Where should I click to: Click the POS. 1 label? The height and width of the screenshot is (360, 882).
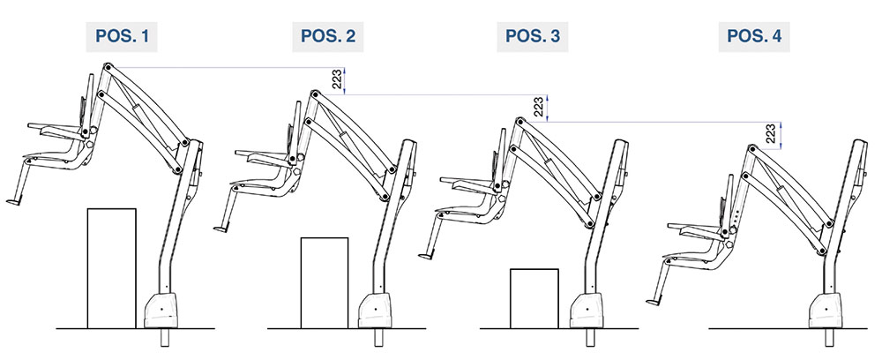tap(122, 36)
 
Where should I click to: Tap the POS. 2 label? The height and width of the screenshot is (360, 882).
tap(328, 36)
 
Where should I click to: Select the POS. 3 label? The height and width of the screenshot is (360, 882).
tap(533, 36)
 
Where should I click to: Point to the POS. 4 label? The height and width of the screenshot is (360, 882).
tap(754, 36)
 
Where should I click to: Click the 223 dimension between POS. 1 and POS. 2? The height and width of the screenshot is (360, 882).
tap(336, 80)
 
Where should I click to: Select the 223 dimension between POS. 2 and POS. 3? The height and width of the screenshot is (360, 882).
tap(538, 108)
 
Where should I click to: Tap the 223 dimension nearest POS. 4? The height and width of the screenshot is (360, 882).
tap(771, 135)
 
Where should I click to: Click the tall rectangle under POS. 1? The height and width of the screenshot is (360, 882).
tap(111, 268)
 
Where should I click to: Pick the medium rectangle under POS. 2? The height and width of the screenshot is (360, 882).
tap(325, 283)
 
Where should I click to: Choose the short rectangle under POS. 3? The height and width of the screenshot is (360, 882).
tap(534, 299)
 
